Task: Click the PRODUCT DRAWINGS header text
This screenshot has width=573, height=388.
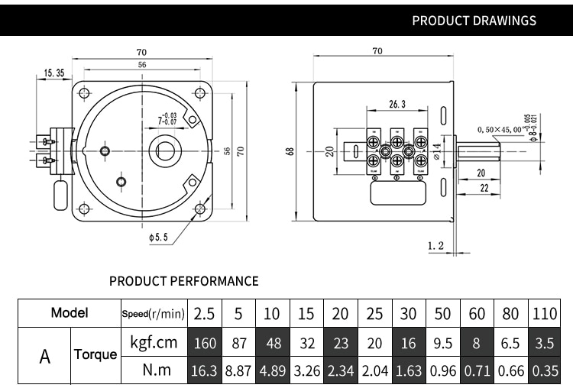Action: [x=474, y=21]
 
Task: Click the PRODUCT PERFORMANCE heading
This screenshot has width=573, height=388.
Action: [x=183, y=281]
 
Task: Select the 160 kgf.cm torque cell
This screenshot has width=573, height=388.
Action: [x=205, y=343]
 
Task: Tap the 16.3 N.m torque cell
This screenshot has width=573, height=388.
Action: [x=205, y=371]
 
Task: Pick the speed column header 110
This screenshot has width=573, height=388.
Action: [x=544, y=313]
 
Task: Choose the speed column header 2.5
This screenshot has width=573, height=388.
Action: [x=205, y=313]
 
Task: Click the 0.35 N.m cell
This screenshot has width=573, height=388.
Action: [x=544, y=371]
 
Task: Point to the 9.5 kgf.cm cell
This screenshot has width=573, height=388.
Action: [x=443, y=343]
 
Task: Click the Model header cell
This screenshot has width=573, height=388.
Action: [x=69, y=312]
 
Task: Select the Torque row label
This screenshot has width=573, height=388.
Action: [x=95, y=355]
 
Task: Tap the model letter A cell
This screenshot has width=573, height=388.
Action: [x=45, y=356]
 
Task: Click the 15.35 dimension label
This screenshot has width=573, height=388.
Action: [x=53, y=73]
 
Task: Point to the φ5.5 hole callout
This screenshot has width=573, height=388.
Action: [x=158, y=238]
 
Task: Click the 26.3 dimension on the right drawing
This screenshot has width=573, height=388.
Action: [x=397, y=104]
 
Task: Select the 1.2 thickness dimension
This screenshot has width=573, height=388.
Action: [x=435, y=246]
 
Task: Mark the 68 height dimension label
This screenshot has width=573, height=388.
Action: [x=290, y=151]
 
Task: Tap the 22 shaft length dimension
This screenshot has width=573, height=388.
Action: [x=483, y=189]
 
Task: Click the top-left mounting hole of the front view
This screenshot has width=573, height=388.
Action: [x=83, y=94]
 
